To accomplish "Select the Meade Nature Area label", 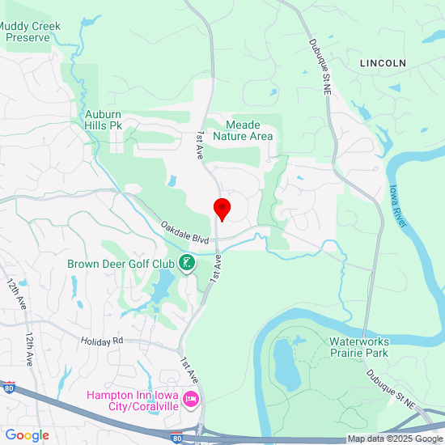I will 243,131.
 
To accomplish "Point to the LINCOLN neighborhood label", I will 384,63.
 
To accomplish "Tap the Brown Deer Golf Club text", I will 121,264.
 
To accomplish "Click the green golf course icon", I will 187,263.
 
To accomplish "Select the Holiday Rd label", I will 101,341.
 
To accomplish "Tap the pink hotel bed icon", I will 192,399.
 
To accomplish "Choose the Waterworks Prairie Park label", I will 359,347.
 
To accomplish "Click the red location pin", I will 222,210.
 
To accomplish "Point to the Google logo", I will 27,435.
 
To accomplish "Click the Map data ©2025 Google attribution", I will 395,439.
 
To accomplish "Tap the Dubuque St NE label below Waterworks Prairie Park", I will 389,387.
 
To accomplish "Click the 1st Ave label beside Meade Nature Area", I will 200,143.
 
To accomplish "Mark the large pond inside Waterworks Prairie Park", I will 285,363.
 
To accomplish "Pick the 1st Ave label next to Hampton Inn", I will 189,371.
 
